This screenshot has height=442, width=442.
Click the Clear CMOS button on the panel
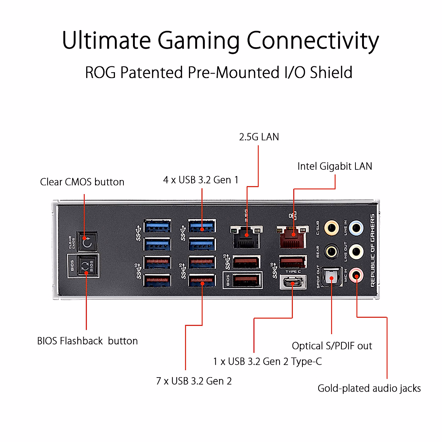click(x=87, y=242)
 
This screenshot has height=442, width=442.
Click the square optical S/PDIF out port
click(x=331, y=277)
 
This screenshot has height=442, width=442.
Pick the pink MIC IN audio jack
click(x=356, y=274)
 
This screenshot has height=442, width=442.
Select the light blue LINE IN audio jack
click(x=356, y=228)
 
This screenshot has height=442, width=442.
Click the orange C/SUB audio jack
click(x=331, y=228)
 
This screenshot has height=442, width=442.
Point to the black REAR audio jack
click(x=331, y=252)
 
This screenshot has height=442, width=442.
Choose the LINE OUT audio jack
click(x=356, y=252)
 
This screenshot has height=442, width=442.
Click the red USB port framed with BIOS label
click(x=246, y=280)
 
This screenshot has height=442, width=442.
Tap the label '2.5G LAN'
click(x=259, y=137)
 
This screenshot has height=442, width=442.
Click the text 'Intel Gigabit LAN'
click(x=334, y=166)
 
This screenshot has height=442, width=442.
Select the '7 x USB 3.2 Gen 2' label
click(x=194, y=381)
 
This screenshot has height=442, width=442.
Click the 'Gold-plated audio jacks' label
click(x=369, y=388)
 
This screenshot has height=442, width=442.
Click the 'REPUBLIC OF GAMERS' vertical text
click(x=372, y=250)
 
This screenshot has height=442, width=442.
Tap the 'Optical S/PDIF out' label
click(x=332, y=346)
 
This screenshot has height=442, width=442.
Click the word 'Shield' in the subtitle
click(x=331, y=73)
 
